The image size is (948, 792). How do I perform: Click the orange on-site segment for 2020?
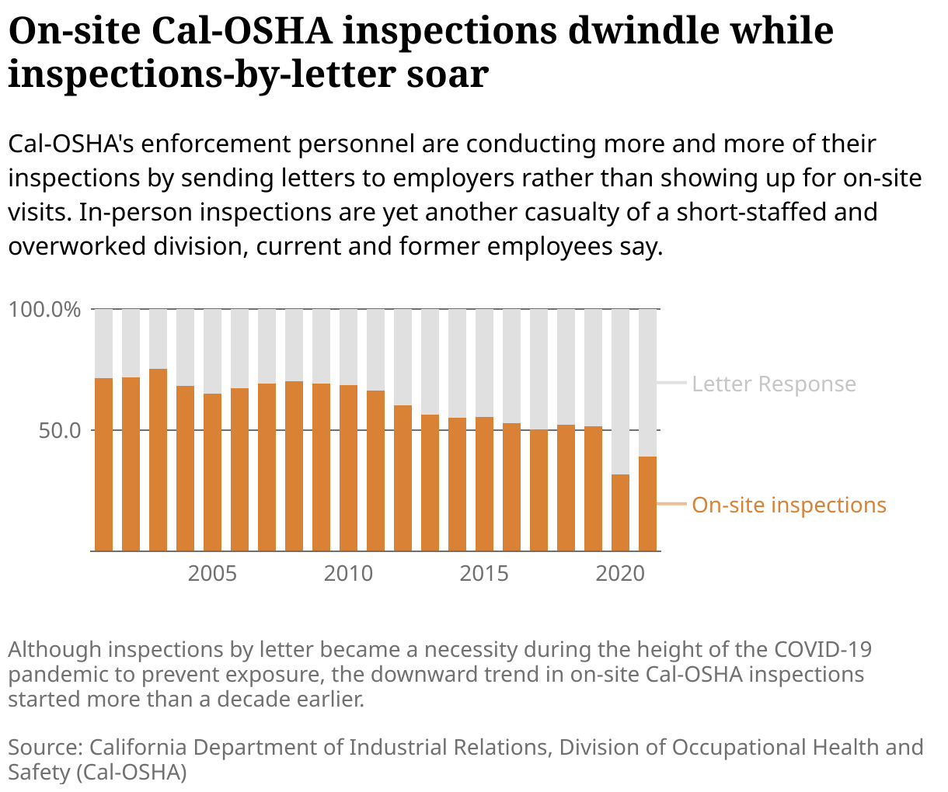[620, 512]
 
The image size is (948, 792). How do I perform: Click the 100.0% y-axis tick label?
[44, 310]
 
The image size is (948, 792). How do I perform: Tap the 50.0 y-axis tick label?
[60, 430]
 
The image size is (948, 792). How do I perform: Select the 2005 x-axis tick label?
[212, 574]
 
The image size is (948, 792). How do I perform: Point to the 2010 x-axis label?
[348, 574]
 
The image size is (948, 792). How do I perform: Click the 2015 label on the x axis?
[484, 574]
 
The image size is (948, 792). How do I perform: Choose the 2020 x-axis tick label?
[620, 574]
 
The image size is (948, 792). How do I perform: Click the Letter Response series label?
[774, 384]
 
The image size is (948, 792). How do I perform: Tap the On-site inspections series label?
[789, 505]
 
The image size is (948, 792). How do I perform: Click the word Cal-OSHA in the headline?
[242, 31]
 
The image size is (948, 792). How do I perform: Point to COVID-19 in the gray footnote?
[823, 649]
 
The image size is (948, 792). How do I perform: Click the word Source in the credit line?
[44, 747]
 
